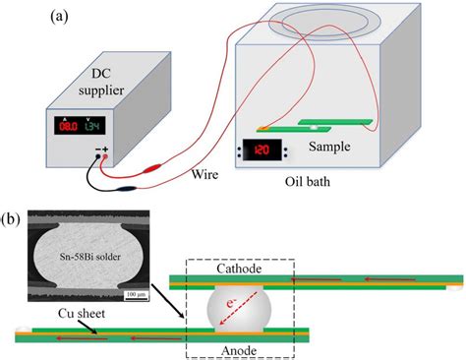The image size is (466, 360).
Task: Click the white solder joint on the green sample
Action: tap(313, 128)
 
